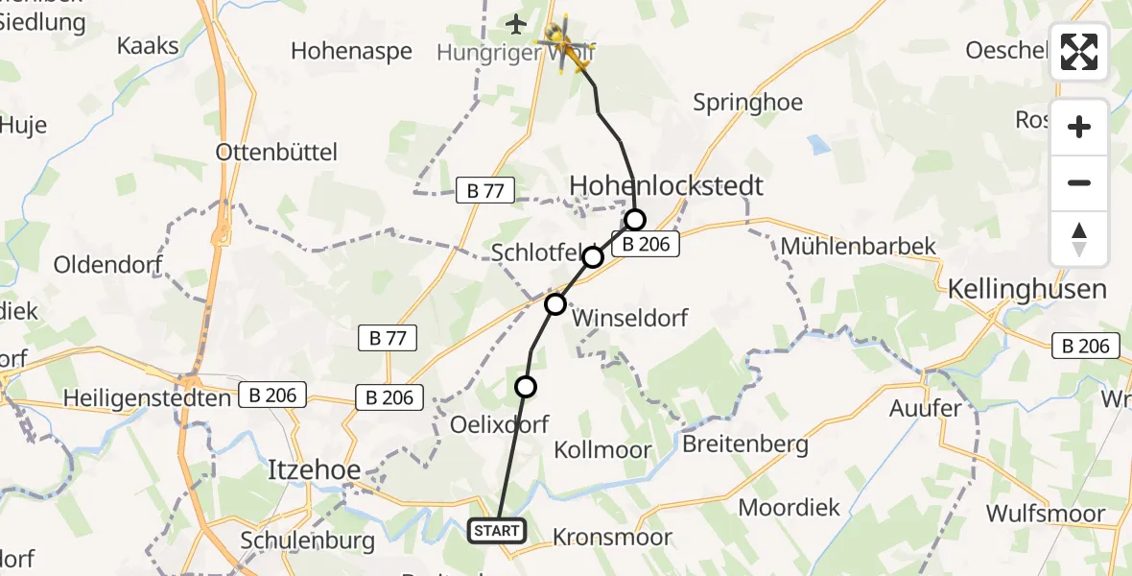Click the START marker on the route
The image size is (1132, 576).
click(x=497, y=530)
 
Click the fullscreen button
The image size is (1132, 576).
click(x=1079, y=52)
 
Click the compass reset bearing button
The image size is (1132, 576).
click(x=1079, y=239)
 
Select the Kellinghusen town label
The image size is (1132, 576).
click(x=1026, y=288)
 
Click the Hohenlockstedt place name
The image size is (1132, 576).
click(x=667, y=185)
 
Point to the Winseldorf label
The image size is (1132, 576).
click(x=629, y=317)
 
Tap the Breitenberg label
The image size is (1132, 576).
click(x=745, y=444)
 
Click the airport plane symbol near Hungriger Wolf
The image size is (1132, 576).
click(x=517, y=23)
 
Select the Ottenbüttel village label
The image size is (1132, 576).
click(x=276, y=152)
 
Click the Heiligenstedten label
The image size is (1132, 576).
click(x=147, y=396)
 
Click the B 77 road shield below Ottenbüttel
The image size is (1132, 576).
click(x=485, y=190)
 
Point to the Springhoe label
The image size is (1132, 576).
click(x=748, y=102)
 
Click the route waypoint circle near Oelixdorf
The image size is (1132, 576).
click(x=526, y=387)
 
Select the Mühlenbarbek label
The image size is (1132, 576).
click(x=859, y=246)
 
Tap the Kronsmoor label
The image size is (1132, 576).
click(x=613, y=537)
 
